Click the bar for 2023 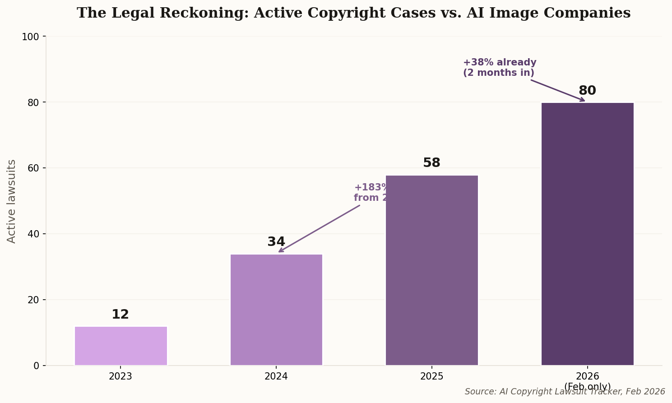click(x=120, y=346)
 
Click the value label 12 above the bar click(x=120, y=315)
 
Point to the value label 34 click(x=276, y=242)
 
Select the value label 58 click(x=431, y=163)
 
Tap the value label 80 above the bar click(x=587, y=91)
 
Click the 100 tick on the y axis click(x=31, y=37)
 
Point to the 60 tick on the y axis click(x=33, y=168)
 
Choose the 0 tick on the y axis click(x=37, y=366)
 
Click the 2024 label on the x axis click(x=276, y=377)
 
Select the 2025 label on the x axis click(x=431, y=377)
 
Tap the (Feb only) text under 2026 click(x=587, y=387)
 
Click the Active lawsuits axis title click(x=12, y=201)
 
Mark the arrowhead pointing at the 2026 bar click(x=583, y=100)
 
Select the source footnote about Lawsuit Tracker click(x=565, y=392)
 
